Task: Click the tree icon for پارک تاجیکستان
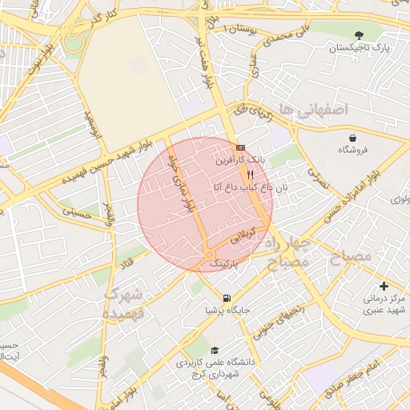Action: tap(358, 35)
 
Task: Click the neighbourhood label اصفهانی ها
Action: tap(312, 110)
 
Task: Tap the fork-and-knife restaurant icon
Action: tap(251, 174)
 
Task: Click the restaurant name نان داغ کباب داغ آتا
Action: tap(249, 187)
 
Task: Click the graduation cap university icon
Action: tap(214, 351)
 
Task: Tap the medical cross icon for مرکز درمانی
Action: tap(384, 286)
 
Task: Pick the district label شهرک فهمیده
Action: tap(123, 303)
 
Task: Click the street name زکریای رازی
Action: tap(253, 114)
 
